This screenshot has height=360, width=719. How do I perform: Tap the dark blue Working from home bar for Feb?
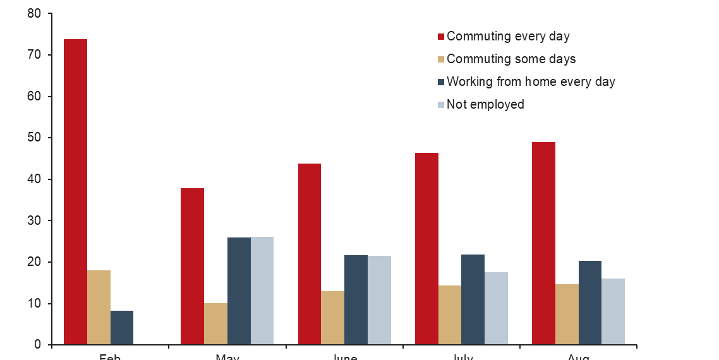coord(122,328)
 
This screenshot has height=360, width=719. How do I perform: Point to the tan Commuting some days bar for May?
coord(215,324)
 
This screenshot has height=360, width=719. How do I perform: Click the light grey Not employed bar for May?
coord(262,291)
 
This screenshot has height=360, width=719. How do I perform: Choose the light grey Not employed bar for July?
coord(496,308)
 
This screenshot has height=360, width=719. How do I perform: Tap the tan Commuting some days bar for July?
coord(449,315)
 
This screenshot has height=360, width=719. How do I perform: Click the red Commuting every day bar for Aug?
coord(543,243)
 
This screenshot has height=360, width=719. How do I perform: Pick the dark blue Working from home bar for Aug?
coord(590,303)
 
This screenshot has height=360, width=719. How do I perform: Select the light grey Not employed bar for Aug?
coord(613,311)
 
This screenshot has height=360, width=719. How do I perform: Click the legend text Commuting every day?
coord(508,36)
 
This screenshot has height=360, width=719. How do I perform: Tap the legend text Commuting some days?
coord(511,59)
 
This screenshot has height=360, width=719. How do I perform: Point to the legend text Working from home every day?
coord(531,81)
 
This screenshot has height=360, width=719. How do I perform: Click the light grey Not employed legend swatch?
coord(441,105)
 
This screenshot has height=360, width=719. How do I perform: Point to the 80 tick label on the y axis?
coord(34,13)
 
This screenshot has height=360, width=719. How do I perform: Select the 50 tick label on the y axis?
coord(34,138)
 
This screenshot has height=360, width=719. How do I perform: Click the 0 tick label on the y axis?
coord(37,345)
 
